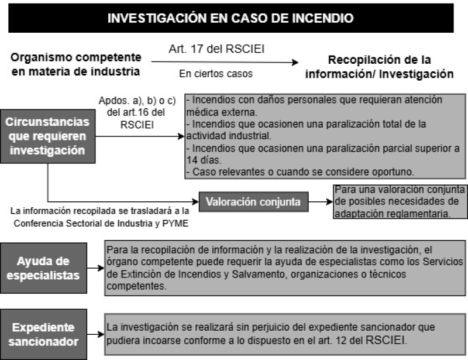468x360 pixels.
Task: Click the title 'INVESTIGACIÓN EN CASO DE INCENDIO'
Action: coord(230,18)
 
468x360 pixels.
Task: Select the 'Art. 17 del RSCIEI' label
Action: coord(216,49)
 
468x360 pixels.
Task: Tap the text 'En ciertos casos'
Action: coord(216,74)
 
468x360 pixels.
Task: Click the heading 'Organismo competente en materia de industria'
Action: coord(76,64)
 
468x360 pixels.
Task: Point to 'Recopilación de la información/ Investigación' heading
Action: coord(379,67)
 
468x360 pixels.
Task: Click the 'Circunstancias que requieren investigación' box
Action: coord(48,136)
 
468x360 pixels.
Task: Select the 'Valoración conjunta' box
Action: coord(253,202)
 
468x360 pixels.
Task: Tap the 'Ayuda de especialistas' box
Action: coord(43,268)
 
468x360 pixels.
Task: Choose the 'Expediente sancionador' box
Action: coord(43,334)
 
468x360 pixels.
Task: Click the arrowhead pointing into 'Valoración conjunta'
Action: coord(195,202)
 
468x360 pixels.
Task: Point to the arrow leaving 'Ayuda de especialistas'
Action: coord(96,268)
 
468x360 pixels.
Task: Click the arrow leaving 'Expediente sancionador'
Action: coord(96,334)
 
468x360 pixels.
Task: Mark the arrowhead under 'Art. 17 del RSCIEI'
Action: coord(295,62)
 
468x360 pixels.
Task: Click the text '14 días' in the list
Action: coord(204,160)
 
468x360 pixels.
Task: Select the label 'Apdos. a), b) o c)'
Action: coord(137,100)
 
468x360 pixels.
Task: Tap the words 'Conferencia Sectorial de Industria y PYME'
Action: coord(101,224)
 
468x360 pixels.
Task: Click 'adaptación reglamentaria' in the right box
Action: coord(391,214)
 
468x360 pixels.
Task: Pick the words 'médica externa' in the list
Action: coord(222,112)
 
